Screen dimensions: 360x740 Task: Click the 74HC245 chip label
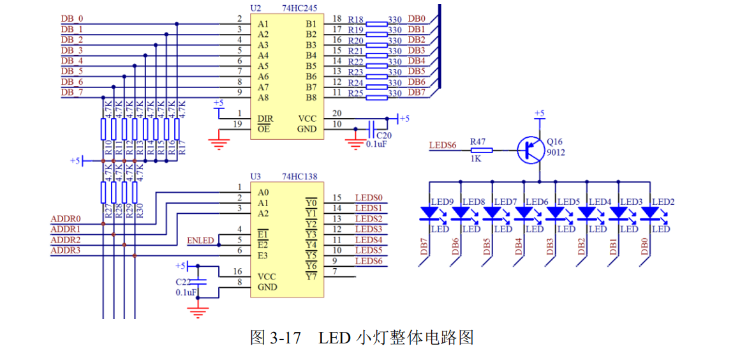299,8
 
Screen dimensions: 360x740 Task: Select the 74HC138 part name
299,176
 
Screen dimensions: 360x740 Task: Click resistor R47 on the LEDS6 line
482,151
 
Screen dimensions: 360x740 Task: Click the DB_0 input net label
71,19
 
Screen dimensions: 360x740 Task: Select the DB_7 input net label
71,93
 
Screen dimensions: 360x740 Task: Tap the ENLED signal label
200,241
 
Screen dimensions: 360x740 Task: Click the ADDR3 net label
65,251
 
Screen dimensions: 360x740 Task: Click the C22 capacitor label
184,281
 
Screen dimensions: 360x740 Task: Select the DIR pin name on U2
265,119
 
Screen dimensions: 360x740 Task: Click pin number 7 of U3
334,272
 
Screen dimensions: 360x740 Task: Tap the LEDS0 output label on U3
368,198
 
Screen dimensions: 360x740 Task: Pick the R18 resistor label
355,19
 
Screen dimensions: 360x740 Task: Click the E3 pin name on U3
263,255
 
